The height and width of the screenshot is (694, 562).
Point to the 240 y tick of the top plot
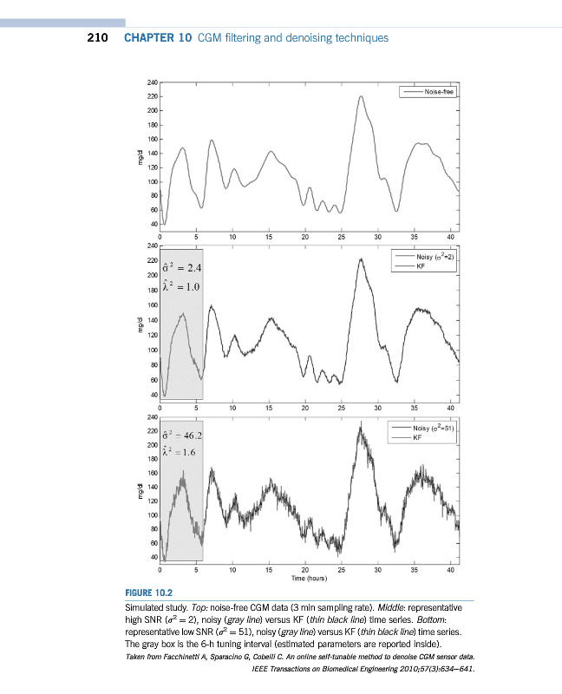coord(152,82)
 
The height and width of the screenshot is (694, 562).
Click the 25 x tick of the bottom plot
coord(342,569)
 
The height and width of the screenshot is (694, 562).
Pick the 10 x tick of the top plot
coord(232,236)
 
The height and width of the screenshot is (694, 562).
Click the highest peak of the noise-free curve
coord(361,96)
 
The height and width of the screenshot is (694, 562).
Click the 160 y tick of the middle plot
coord(152,305)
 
